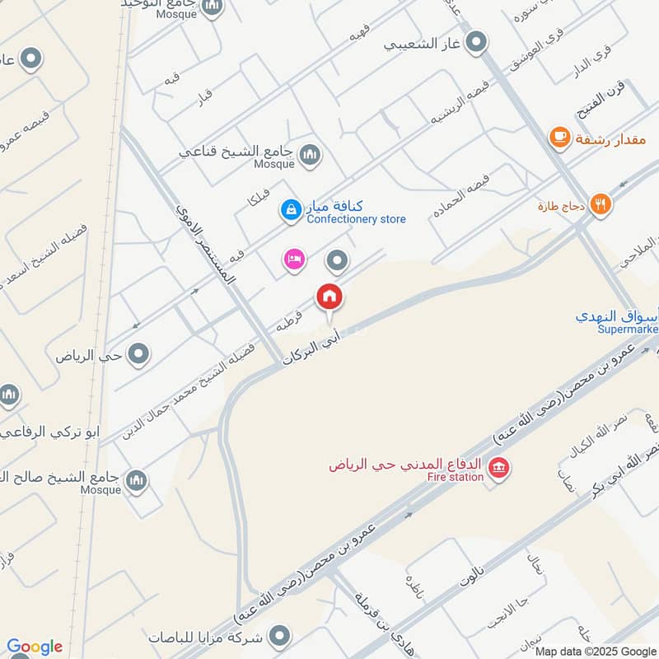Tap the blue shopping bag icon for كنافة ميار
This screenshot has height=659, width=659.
coord(290,212)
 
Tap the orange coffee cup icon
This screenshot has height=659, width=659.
coord(560,138)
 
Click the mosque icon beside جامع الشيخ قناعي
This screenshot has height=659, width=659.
coord(311,154)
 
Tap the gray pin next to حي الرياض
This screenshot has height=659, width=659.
coord(140,355)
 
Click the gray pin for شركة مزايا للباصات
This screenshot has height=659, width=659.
coord(281,635)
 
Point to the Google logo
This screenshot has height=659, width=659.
coord(35,647)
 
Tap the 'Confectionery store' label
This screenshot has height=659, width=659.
coord(356,220)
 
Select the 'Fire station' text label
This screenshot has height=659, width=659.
coord(455,477)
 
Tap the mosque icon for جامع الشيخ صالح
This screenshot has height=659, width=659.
coord(137,479)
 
